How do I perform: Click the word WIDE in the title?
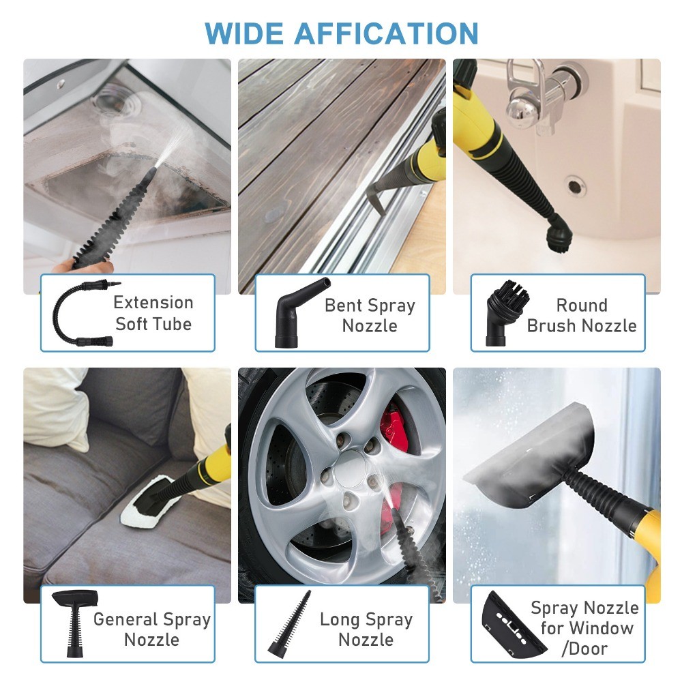[x=241, y=33]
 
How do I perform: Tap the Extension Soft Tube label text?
[x=153, y=313]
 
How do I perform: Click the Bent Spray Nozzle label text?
[x=370, y=315]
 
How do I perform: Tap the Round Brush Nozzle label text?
[x=582, y=315]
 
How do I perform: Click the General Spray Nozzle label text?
[x=152, y=629]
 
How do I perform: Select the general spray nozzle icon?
[x=73, y=621]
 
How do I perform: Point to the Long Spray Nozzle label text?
[x=366, y=629]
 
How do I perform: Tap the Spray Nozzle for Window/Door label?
[x=584, y=627]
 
